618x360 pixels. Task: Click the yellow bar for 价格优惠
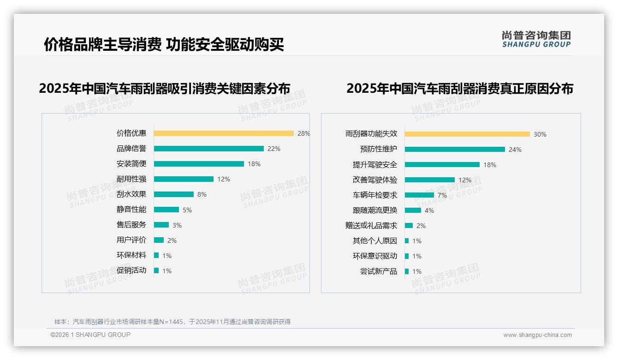(224, 133)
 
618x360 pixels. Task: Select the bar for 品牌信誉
(208, 149)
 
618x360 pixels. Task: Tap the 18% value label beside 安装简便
(254, 164)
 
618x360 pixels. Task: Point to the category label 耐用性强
(131, 179)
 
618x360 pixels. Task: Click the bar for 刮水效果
(174, 194)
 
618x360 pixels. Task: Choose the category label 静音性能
(131, 210)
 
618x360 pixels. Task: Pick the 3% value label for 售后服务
(177, 225)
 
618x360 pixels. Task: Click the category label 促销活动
(131, 270)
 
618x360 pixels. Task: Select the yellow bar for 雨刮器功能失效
(467, 134)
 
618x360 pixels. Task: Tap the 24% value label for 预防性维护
(515, 150)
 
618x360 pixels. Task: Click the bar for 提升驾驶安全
(442, 165)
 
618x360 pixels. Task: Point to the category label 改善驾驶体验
(375, 180)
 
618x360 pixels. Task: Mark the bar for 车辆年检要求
(419, 195)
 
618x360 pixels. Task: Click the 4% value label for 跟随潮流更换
(429, 210)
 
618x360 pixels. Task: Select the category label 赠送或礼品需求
(371, 226)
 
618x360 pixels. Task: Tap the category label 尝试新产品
(379, 271)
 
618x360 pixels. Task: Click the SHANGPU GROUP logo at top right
(536, 39)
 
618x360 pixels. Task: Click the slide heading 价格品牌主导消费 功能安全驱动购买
(164, 44)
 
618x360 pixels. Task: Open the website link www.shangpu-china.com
(537, 335)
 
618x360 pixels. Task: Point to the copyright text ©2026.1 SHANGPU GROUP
(90, 335)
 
